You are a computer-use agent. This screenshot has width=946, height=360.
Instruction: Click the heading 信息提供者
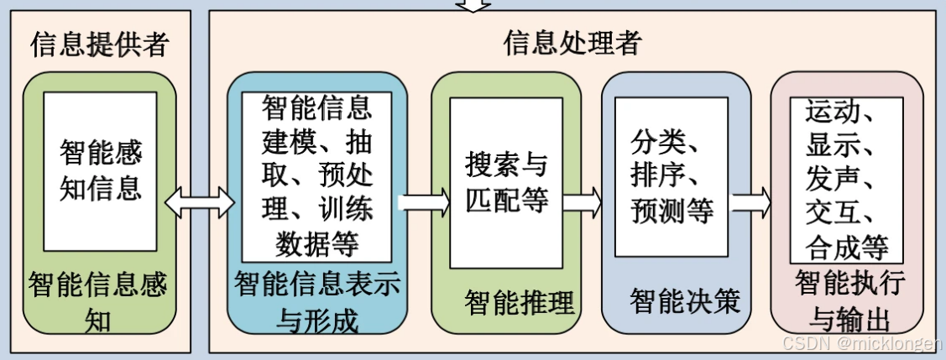click(99, 44)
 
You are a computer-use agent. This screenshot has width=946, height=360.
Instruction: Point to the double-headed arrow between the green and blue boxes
click(201, 201)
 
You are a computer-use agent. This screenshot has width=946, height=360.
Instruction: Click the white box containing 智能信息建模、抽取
click(317, 176)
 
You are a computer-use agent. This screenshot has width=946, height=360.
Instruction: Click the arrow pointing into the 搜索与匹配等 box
click(423, 201)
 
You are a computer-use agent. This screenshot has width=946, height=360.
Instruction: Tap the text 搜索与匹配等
click(506, 183)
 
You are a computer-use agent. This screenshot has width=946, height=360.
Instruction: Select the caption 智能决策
click(685, 300)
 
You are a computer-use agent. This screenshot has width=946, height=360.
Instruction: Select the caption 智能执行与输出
click(849, 301)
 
